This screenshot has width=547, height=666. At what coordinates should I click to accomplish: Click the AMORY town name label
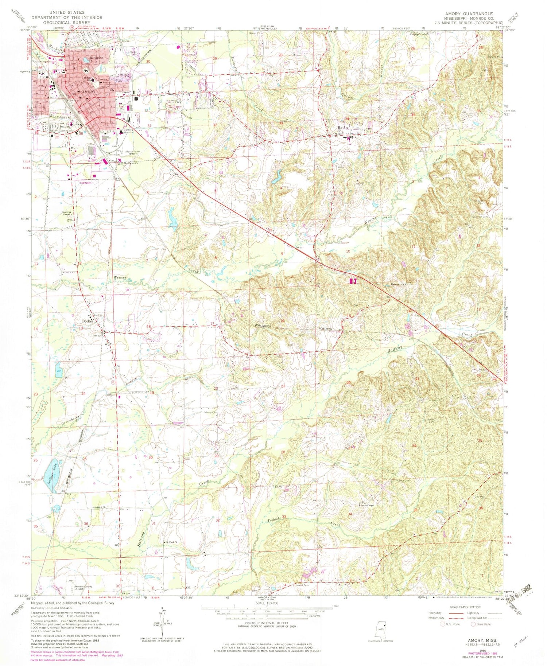[89, 92]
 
